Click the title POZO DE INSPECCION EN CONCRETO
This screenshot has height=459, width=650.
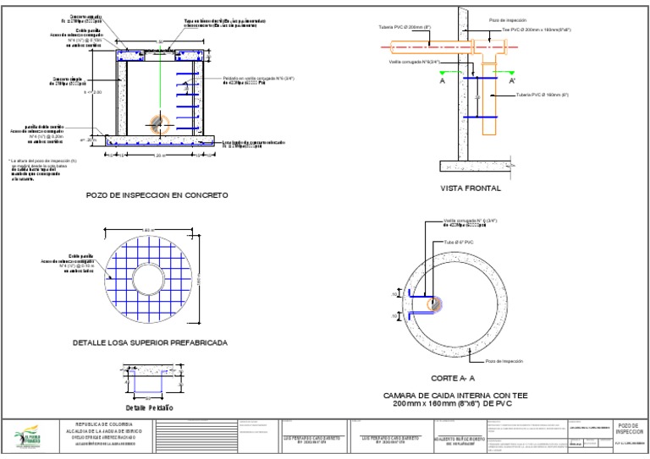(x=157, y=194)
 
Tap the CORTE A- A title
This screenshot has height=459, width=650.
(x=453, y=378)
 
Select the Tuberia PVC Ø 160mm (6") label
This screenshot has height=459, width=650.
(x=542, y=95)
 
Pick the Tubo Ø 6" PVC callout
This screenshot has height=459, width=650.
(x=460, y=242)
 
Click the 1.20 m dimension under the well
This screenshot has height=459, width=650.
(x=158, y=156)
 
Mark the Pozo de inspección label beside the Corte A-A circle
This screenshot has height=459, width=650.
(x=504, y=360)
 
